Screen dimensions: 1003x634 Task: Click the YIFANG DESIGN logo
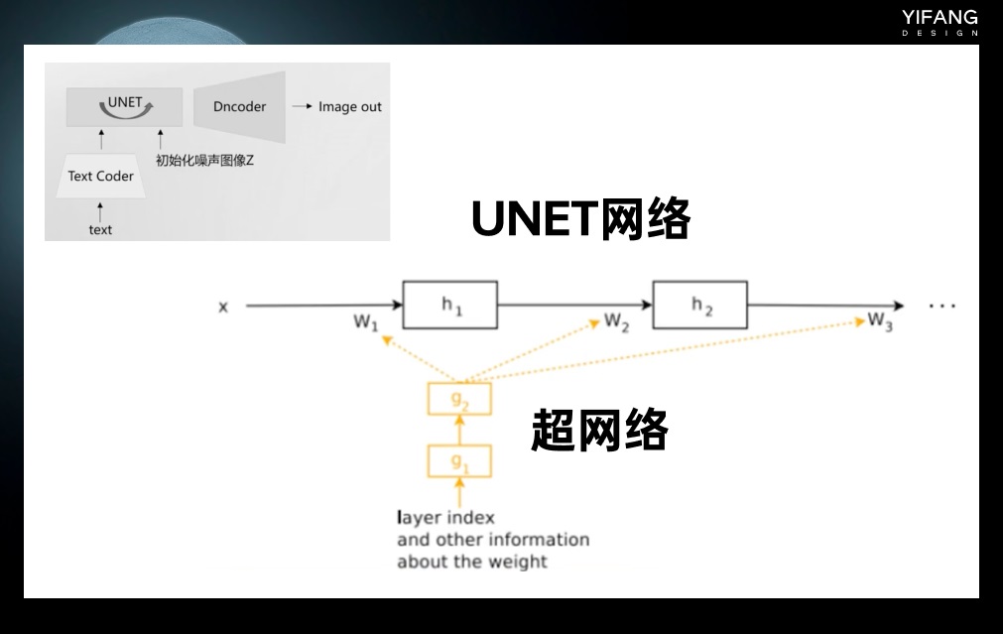[940, 23]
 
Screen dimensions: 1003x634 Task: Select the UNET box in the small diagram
[124, 107]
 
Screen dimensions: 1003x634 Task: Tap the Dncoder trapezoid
[239, 107]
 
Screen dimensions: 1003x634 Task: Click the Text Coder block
[101, 176]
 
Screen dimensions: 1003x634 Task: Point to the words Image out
[350, 107]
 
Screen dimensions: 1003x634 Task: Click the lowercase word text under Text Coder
[100, 229]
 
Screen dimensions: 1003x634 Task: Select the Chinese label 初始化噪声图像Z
[204, 160]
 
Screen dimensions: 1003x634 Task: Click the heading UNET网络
[580, 219]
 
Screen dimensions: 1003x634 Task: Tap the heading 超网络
[599, 430]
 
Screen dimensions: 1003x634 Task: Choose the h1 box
[450, 306]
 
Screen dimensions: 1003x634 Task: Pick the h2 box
[699, 306]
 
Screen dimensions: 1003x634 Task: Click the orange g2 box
[459, 399]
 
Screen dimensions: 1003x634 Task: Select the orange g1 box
[459, 461]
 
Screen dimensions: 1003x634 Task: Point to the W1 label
[366, 322]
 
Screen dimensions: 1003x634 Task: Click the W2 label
[617, 321]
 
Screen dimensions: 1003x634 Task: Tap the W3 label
[880, 321]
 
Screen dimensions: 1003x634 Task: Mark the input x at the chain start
[223, 308]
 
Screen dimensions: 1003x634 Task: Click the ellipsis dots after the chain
[942, 307]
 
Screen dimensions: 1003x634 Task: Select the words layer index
[445, 517]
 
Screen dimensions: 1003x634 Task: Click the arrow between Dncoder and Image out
[302, 106]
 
